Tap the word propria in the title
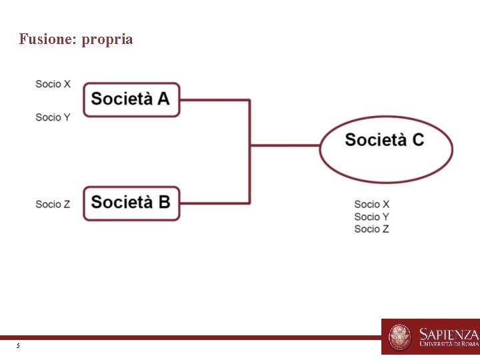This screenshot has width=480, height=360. [x=107, y=40]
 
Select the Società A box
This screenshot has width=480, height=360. [x=131, y=99]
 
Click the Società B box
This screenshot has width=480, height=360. [x=131, y=203]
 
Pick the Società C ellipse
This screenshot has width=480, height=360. [x=385, y=148]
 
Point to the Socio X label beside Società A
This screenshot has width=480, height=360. [x=53, y=84]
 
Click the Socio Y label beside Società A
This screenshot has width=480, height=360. [x=53, y=117]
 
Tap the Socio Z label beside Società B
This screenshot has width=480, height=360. [x=53, y=204]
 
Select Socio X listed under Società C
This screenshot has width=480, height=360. [x=371, y=204]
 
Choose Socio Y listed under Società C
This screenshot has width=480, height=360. [x=371, y=217]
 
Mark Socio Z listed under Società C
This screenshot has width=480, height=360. [x=371, y=229]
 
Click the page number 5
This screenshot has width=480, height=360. [x=18, y=346]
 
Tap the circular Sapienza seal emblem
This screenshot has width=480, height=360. [x=400, y=337]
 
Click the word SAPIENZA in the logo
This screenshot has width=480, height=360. [x=449, y=333]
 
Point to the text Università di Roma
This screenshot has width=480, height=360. [x=449, y=345]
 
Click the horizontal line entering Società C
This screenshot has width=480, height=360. [x=285, y=145]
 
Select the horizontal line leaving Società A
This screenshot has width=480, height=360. [x=215, y=100]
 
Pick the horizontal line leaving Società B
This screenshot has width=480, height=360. [x=215, y=203]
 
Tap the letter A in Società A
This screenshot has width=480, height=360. [x=163, y=99]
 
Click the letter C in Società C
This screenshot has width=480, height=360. [x=417, y=140]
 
